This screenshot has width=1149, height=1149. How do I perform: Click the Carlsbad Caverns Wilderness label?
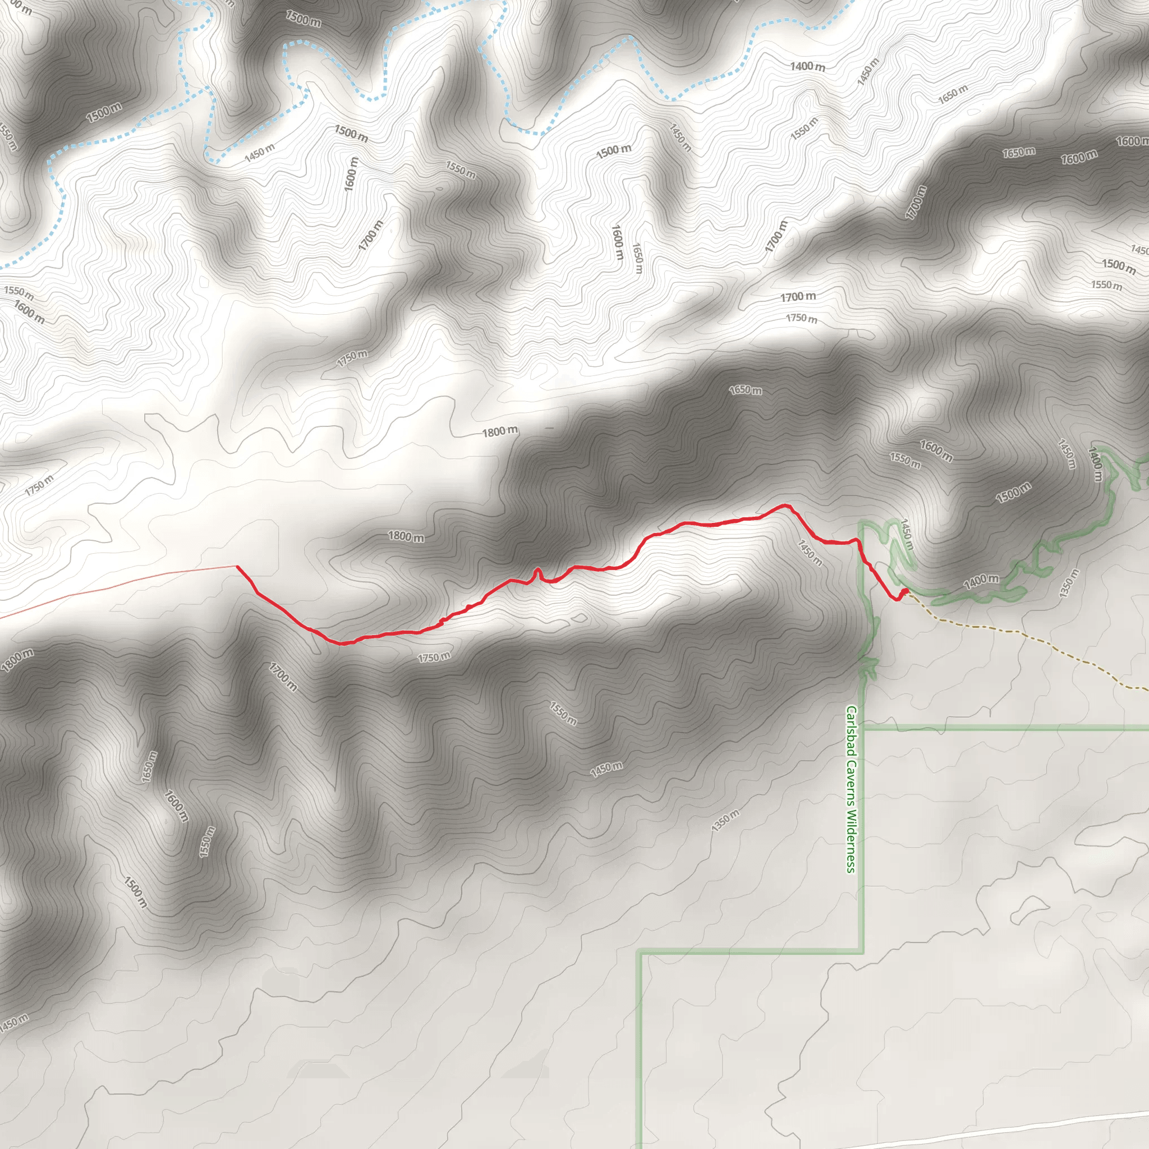pos(851,789)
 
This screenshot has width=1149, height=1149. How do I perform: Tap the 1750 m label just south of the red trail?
pos(434,657)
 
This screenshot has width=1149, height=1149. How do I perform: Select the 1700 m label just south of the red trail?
pos(283,677)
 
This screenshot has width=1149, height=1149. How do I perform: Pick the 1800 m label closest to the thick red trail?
pos(406,536)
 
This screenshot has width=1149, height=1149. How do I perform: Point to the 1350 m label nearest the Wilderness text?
pos(725,821)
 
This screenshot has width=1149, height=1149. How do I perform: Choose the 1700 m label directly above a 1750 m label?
pos(798,296)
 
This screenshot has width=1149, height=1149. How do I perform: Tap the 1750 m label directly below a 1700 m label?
pos(801,318)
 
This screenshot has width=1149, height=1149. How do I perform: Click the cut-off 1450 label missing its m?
pos(1139,250)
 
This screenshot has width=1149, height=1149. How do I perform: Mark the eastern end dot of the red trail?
pos(905,591)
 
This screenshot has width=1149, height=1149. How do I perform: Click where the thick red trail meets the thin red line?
pos(237,566)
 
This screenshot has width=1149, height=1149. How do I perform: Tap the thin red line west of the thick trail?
pos(119,589)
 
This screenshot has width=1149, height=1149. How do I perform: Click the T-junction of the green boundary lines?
pos(862,728)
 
